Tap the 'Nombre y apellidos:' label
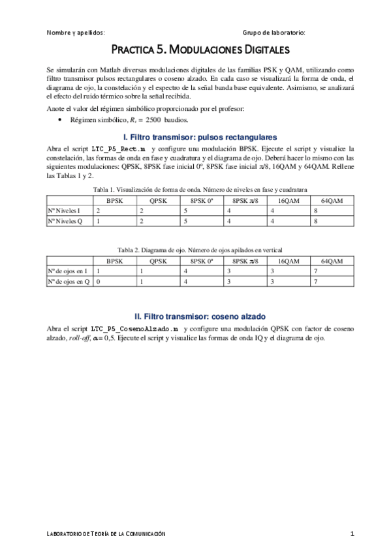[76, 32]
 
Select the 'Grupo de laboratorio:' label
[274, 32]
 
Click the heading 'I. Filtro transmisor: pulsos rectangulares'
[200, 137]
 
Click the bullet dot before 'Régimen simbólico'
[60, 121]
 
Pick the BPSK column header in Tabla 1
[115, 200]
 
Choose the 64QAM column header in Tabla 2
[332, 260]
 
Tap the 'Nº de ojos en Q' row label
[69, 281]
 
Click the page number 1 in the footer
[352, 533]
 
